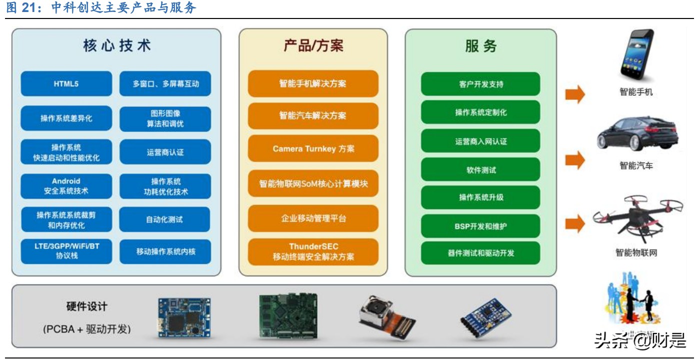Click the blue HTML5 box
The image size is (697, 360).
coord(66,84)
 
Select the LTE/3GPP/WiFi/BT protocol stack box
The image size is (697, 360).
coord(66,251)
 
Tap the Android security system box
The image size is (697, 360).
coord(66,186)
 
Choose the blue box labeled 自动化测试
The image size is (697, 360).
coord(164,219)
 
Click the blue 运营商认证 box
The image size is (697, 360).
coord(164,152)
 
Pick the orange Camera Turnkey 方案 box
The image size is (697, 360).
coord(313,149)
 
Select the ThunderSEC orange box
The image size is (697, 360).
coord(313,251)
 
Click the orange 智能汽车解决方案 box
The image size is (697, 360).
coord(313,115)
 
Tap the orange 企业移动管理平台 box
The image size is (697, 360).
coord(313,218)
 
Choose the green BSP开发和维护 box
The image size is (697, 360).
coord(480,226)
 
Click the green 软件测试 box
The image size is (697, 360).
coord(480,170)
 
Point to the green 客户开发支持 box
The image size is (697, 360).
coord(480,84)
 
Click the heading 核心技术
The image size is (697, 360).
coord(116,46)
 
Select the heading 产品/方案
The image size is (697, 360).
coord(313,46)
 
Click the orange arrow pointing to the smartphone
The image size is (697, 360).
coord(574,93)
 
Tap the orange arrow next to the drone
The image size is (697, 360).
coord(574,223)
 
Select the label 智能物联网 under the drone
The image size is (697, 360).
coord(636,252)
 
